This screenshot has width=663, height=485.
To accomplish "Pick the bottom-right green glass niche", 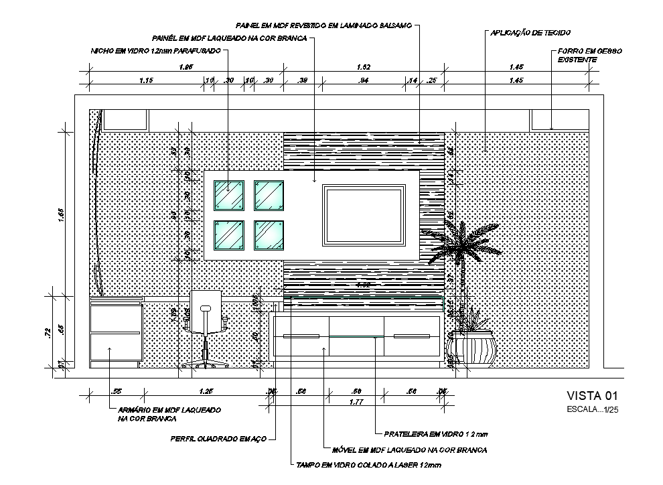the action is coord(269,236).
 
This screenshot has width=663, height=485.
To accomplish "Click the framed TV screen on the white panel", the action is coord(364,214).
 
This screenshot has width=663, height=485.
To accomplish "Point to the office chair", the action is coord(206,328).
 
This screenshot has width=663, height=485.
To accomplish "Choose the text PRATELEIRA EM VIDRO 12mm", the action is coord(431,433).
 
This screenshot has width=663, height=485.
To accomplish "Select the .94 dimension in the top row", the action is coord(364,80).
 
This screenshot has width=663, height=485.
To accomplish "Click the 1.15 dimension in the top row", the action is coord(147,80).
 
